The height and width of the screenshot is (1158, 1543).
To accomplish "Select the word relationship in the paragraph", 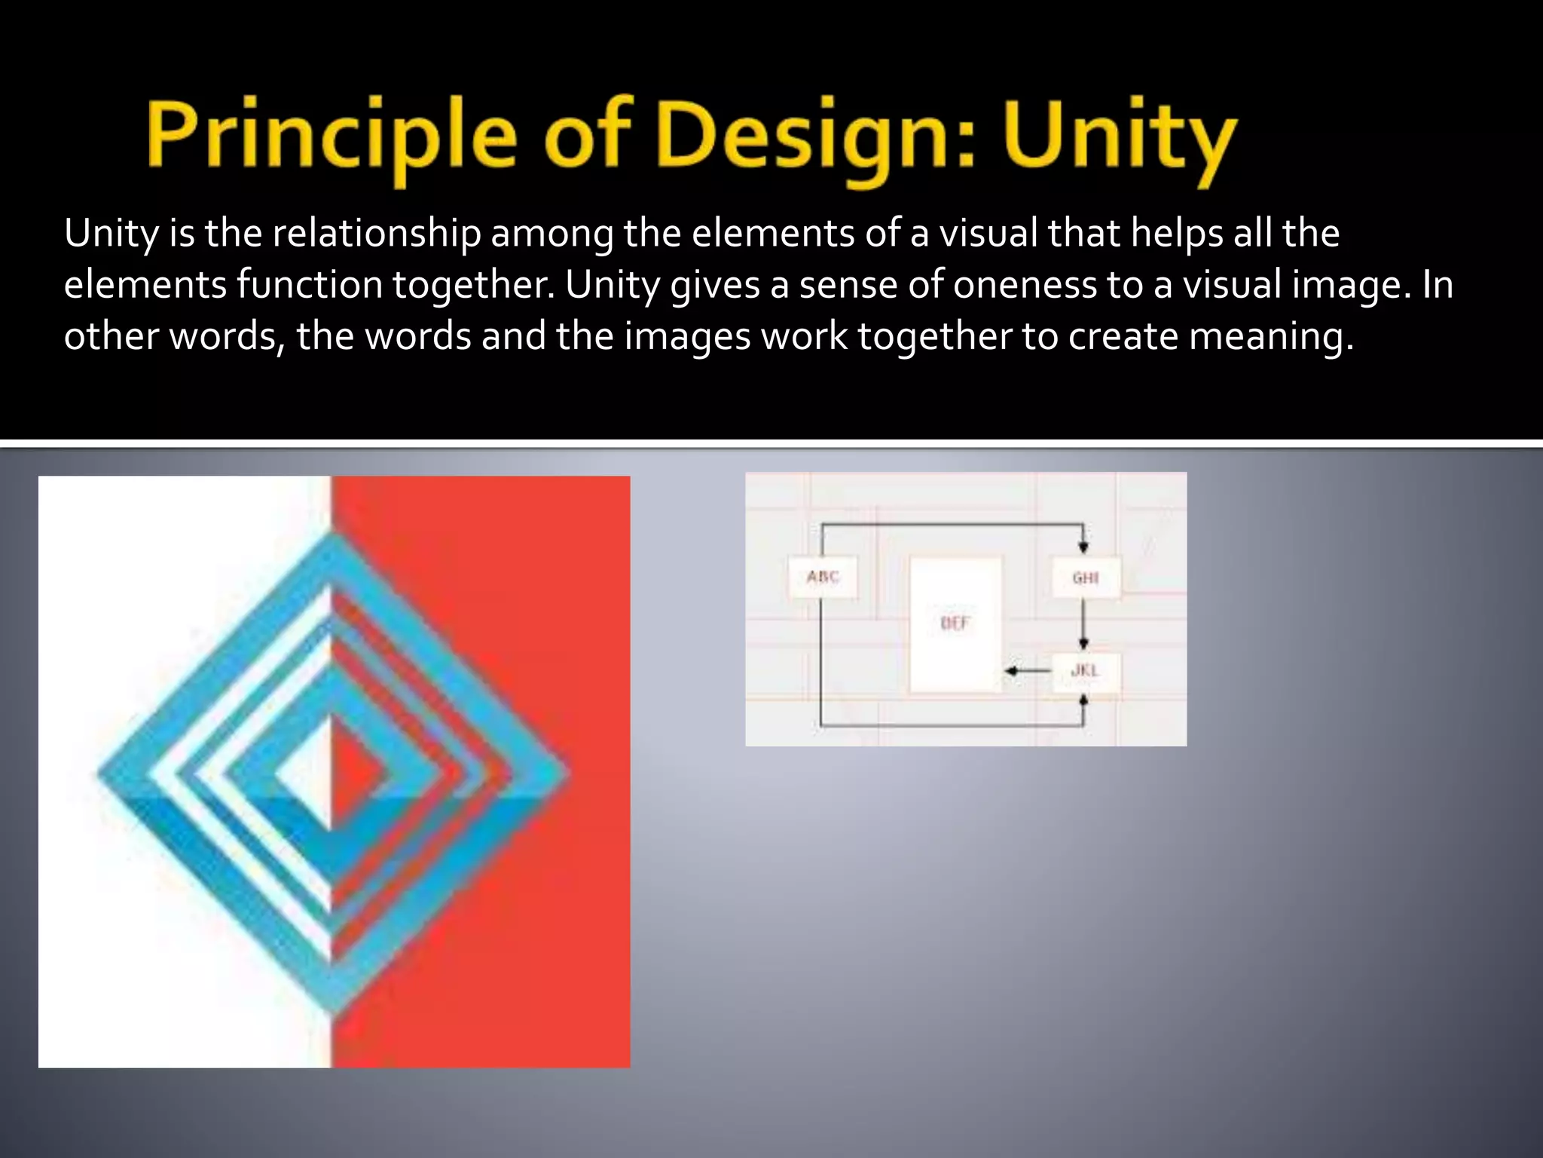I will [x=376, y=233].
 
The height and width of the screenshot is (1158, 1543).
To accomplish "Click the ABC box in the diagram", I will [x=823, y=577].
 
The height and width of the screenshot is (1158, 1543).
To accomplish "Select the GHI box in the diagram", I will [x=1085, y=578].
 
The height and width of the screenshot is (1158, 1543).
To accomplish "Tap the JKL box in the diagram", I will [x=1085, y=670].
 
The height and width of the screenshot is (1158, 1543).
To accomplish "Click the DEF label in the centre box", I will [x=955, y=623].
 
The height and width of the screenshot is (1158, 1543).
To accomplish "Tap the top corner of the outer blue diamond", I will [x=332, y=537].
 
